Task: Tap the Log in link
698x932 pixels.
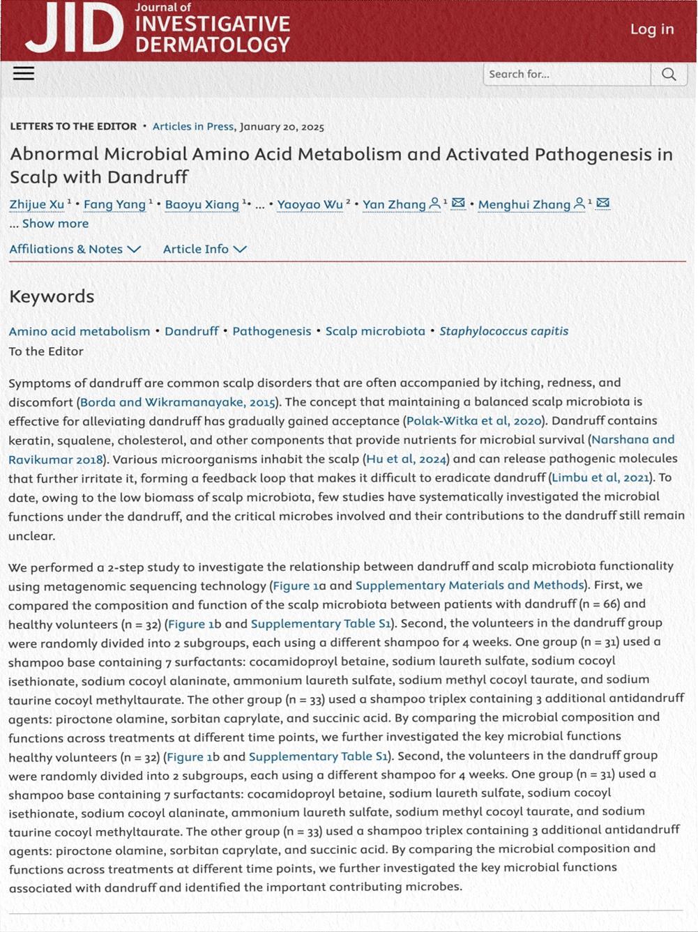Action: coord(652,29)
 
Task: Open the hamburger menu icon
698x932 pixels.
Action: coord(24,73)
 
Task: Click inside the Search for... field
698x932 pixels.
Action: coord(566,75)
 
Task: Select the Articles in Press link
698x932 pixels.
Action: coord(193,127)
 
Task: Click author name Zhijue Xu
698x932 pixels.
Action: coord(37,204)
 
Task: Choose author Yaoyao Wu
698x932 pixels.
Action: coord(310,204)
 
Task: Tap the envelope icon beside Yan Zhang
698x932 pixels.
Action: coord(458,204)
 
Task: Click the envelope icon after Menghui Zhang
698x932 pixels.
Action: coord(603,204)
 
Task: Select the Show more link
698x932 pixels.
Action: coord(55,224)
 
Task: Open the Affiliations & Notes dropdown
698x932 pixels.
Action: coord(75,250)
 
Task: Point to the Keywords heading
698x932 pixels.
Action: coord(52,296)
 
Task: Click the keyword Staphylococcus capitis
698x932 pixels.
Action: coord(503,331)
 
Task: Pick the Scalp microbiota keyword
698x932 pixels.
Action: coord(375,331)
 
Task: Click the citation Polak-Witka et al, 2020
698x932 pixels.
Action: coord(473,420)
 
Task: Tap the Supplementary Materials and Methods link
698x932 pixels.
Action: coord(469,586)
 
